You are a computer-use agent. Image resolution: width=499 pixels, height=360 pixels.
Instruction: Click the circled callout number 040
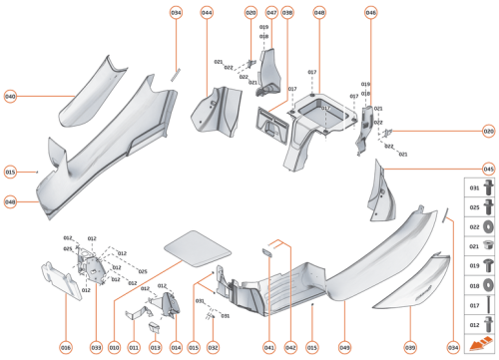pyautogui.click(x=10, y=97)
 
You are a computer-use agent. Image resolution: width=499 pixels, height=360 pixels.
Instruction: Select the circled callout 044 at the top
pyautogui.click(x=207, y=13)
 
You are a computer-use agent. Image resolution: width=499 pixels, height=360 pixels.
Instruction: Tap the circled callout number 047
pyautogui.click(x=271, y=13)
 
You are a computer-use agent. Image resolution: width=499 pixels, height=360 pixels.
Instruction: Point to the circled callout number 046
pyautogui.click(x=371, y=13)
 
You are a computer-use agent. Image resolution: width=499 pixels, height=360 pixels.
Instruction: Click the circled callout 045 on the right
pyautogui.click(x=489, y=170)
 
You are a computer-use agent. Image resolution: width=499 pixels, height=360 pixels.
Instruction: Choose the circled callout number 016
pyautogui.click(x=66, y=347)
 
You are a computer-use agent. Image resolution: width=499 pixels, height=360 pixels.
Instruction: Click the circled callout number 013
pyautogui.click(x=155, y=347)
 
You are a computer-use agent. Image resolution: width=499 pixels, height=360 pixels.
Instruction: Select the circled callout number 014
pyautogui.click(x=176, y=347)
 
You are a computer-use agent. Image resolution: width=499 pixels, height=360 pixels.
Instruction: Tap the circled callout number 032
pyautogui.click(x=213, y=347)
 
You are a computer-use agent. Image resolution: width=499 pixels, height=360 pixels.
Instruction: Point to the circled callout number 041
pyautogui.click(x=269, y=347)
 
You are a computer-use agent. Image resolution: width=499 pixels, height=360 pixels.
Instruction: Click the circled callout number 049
pyautogui.click(x=344, y=347)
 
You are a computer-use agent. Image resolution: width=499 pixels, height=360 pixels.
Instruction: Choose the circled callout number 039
pyautogui.click(x=410, y=347)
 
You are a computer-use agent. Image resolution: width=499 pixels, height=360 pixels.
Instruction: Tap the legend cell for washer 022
pyautogui.click(x=475, y=226)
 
